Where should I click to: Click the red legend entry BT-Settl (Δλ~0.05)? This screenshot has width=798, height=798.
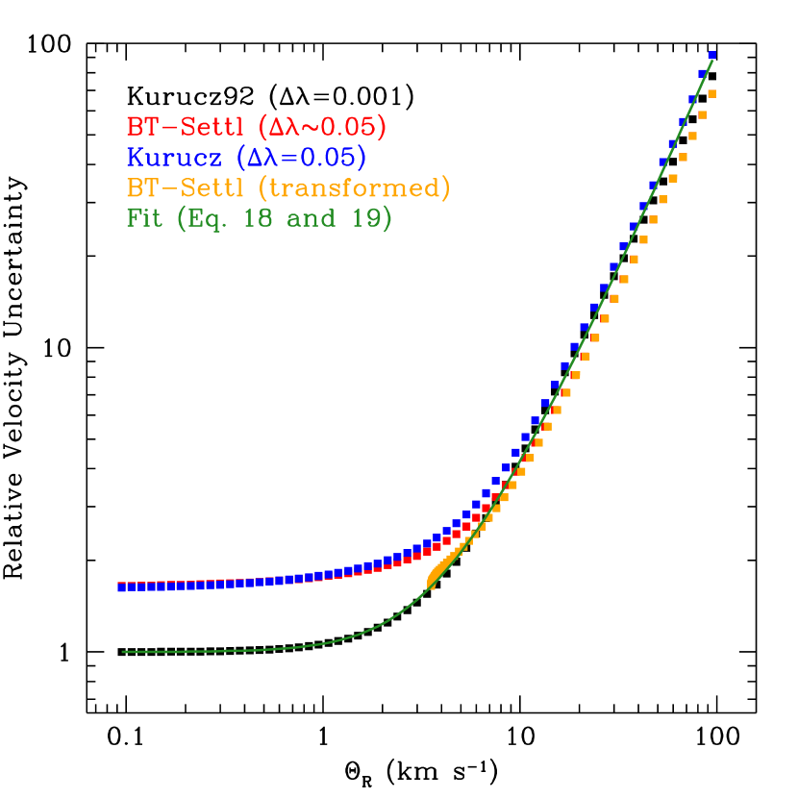256,127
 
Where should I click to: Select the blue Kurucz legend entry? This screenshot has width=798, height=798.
246,157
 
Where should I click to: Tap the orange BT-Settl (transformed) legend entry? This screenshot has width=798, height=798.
287,187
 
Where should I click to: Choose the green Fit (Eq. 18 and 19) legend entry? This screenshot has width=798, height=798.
259,218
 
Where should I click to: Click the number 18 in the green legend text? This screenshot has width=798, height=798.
271,218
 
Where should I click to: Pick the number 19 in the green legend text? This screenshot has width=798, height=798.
368,218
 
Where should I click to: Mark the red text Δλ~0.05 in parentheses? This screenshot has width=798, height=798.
328,127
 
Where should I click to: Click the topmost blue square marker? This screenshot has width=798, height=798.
712,55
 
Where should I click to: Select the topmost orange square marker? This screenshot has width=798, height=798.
712,94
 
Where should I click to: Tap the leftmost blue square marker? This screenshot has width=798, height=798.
122,586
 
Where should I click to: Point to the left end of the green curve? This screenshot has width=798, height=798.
124,652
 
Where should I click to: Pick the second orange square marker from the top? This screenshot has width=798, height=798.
702,115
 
